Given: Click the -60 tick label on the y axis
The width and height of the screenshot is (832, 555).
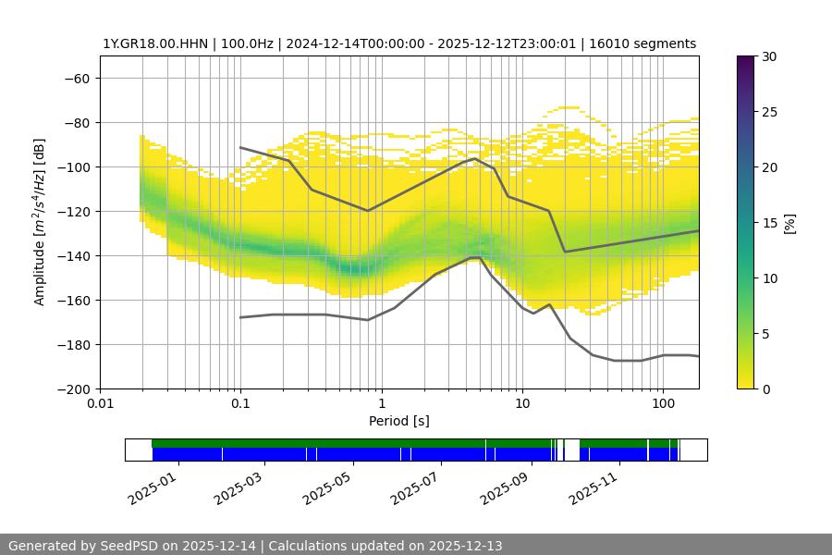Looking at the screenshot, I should pos(77,79).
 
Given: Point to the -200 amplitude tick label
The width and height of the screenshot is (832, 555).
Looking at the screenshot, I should pos(73,389).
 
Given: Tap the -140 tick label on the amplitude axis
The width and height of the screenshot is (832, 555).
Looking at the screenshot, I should pos(73,256).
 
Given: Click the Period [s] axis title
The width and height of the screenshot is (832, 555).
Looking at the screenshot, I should pos(399,422).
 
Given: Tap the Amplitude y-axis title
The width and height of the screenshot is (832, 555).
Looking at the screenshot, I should pos(40,223).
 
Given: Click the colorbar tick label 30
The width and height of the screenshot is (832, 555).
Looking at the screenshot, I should pos(766,57).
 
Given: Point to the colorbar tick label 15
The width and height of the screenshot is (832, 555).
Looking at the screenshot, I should pos(766,223).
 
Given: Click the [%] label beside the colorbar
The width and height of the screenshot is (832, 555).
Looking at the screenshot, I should pos(789,223).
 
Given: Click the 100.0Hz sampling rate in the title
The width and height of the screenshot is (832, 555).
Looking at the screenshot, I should pos(237,44).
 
